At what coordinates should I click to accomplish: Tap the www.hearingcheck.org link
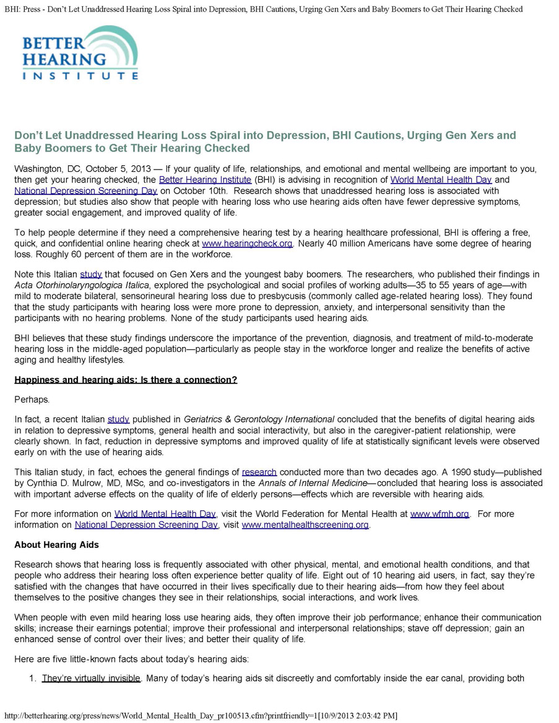[247, 244]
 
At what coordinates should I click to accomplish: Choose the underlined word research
[259, 472]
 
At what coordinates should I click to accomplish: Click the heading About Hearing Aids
[56, 545]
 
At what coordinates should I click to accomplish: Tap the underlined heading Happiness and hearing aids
[126, 380]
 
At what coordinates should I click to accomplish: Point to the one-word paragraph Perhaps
[32, 400]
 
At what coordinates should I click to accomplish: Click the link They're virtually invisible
[91, 678]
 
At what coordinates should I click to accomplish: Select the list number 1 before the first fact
[33, 678]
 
